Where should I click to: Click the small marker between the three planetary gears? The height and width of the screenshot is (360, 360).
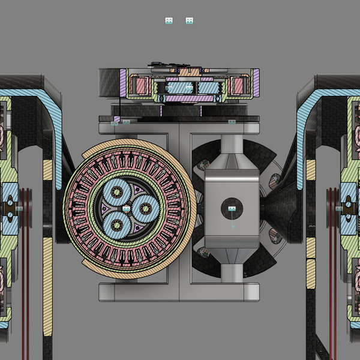127,208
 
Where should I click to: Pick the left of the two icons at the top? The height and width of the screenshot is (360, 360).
169,21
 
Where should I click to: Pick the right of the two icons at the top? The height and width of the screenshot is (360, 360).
190,21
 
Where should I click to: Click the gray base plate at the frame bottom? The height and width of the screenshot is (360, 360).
180,292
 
